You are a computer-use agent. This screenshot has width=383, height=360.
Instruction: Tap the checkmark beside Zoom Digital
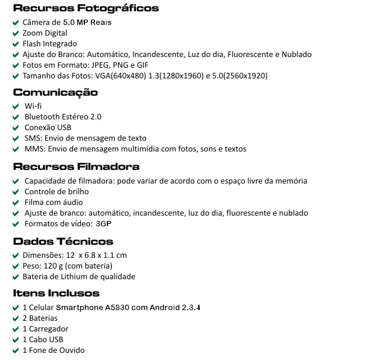pos(16,33)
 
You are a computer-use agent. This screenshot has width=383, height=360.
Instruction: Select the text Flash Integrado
pos(50,44)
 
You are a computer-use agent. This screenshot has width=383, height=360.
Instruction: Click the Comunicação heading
pos(55,93)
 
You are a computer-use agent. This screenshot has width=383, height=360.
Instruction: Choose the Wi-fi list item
pos(33,106)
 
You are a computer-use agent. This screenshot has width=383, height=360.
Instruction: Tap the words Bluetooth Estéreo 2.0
pos(63,117)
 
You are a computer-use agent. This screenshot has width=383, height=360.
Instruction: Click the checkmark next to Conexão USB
pos(16,128)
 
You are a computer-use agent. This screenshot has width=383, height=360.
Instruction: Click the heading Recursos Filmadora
pos(76,167)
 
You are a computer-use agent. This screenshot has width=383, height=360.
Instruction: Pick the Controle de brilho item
pos(56,192)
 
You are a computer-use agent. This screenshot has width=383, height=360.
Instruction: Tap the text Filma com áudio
pos(53,203)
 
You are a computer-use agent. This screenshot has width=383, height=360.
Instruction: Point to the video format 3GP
pos(103,224)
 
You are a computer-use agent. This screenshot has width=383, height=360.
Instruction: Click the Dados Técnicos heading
pos(63,242)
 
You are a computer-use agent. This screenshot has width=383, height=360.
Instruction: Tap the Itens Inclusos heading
pos(56,293)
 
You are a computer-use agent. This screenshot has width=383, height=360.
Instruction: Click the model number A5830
pos(118,308)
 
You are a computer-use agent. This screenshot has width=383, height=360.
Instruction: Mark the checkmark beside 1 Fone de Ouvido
pos(16,350)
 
